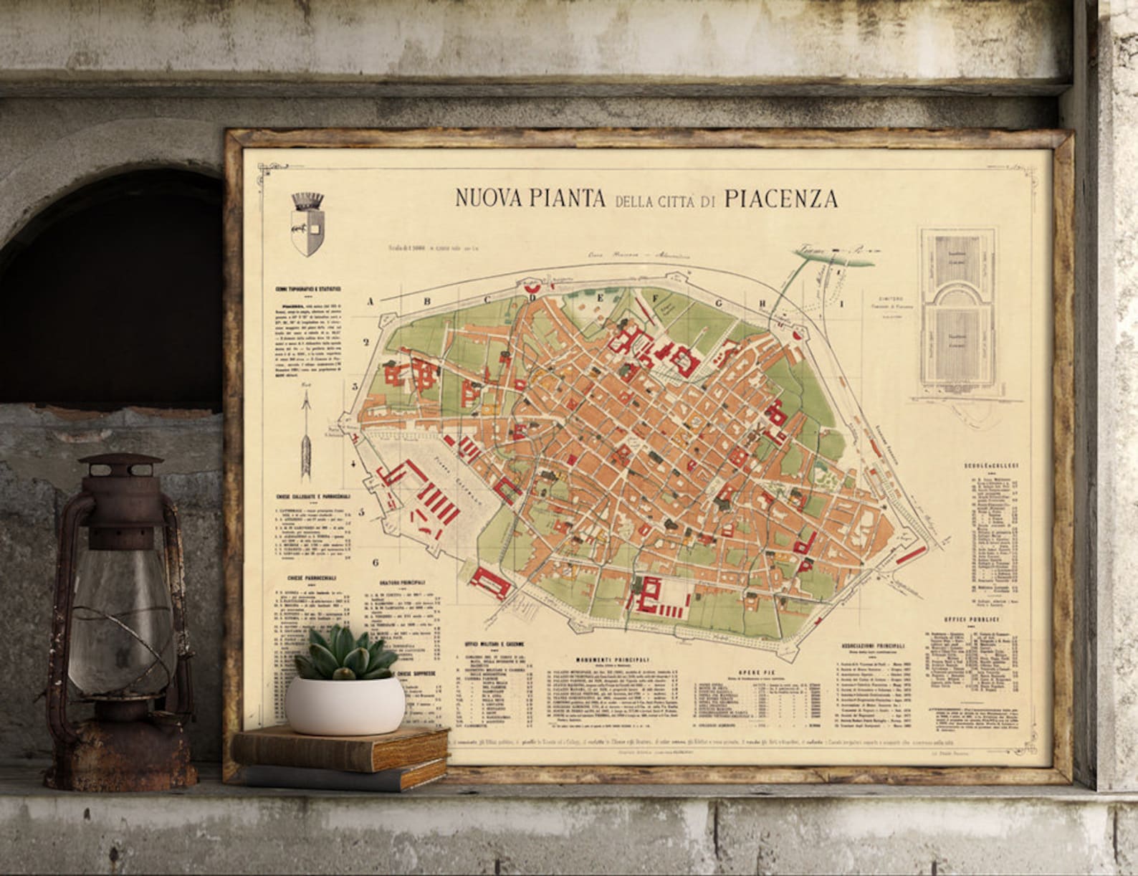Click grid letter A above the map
point(370,302)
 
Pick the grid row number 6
point(375,563)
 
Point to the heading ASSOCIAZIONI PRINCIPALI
point(869,646)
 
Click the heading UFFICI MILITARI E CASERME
point(494,644)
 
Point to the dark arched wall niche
point(115,287)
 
